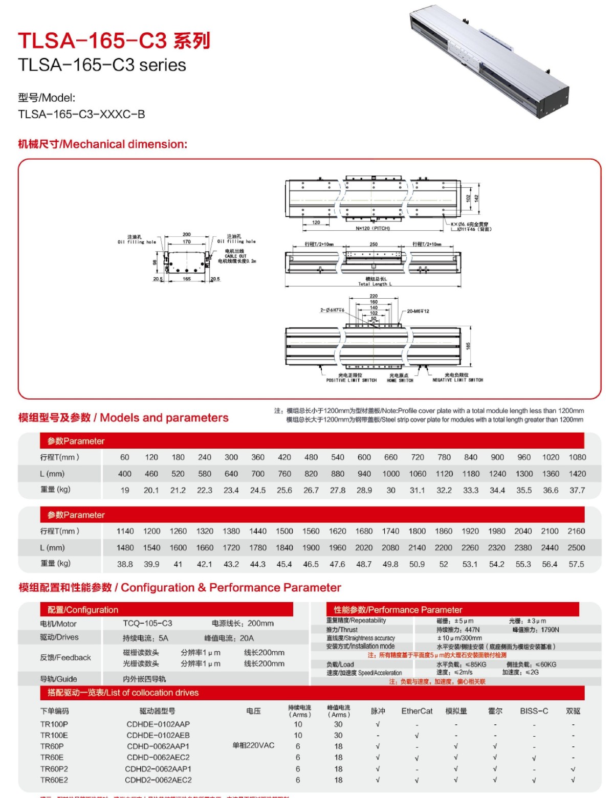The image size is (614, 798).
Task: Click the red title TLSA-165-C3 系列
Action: point(114,40)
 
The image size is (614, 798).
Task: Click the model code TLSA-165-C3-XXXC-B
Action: point(81,114)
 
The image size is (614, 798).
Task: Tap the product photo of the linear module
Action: point(489,62)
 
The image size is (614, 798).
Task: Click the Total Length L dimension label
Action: point(375,283)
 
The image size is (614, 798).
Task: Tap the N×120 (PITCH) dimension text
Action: point(372,228)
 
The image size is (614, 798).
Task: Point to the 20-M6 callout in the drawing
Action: point(418,311)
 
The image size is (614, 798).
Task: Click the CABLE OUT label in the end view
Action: point(235,256)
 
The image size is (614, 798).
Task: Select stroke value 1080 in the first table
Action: point(577,457)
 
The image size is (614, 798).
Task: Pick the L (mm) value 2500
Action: point(576,548)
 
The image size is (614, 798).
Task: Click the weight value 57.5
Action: point(576,564)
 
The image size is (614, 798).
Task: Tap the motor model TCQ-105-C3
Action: point(147,624)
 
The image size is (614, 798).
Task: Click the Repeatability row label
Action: point(356,620)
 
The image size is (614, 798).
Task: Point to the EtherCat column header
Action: point(416,711)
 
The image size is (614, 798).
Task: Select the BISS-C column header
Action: point(534,711)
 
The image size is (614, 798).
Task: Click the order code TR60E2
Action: point(54,780)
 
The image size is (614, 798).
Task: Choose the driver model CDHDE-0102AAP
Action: point(158,724)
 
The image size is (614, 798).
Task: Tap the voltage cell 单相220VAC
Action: point(253,745)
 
